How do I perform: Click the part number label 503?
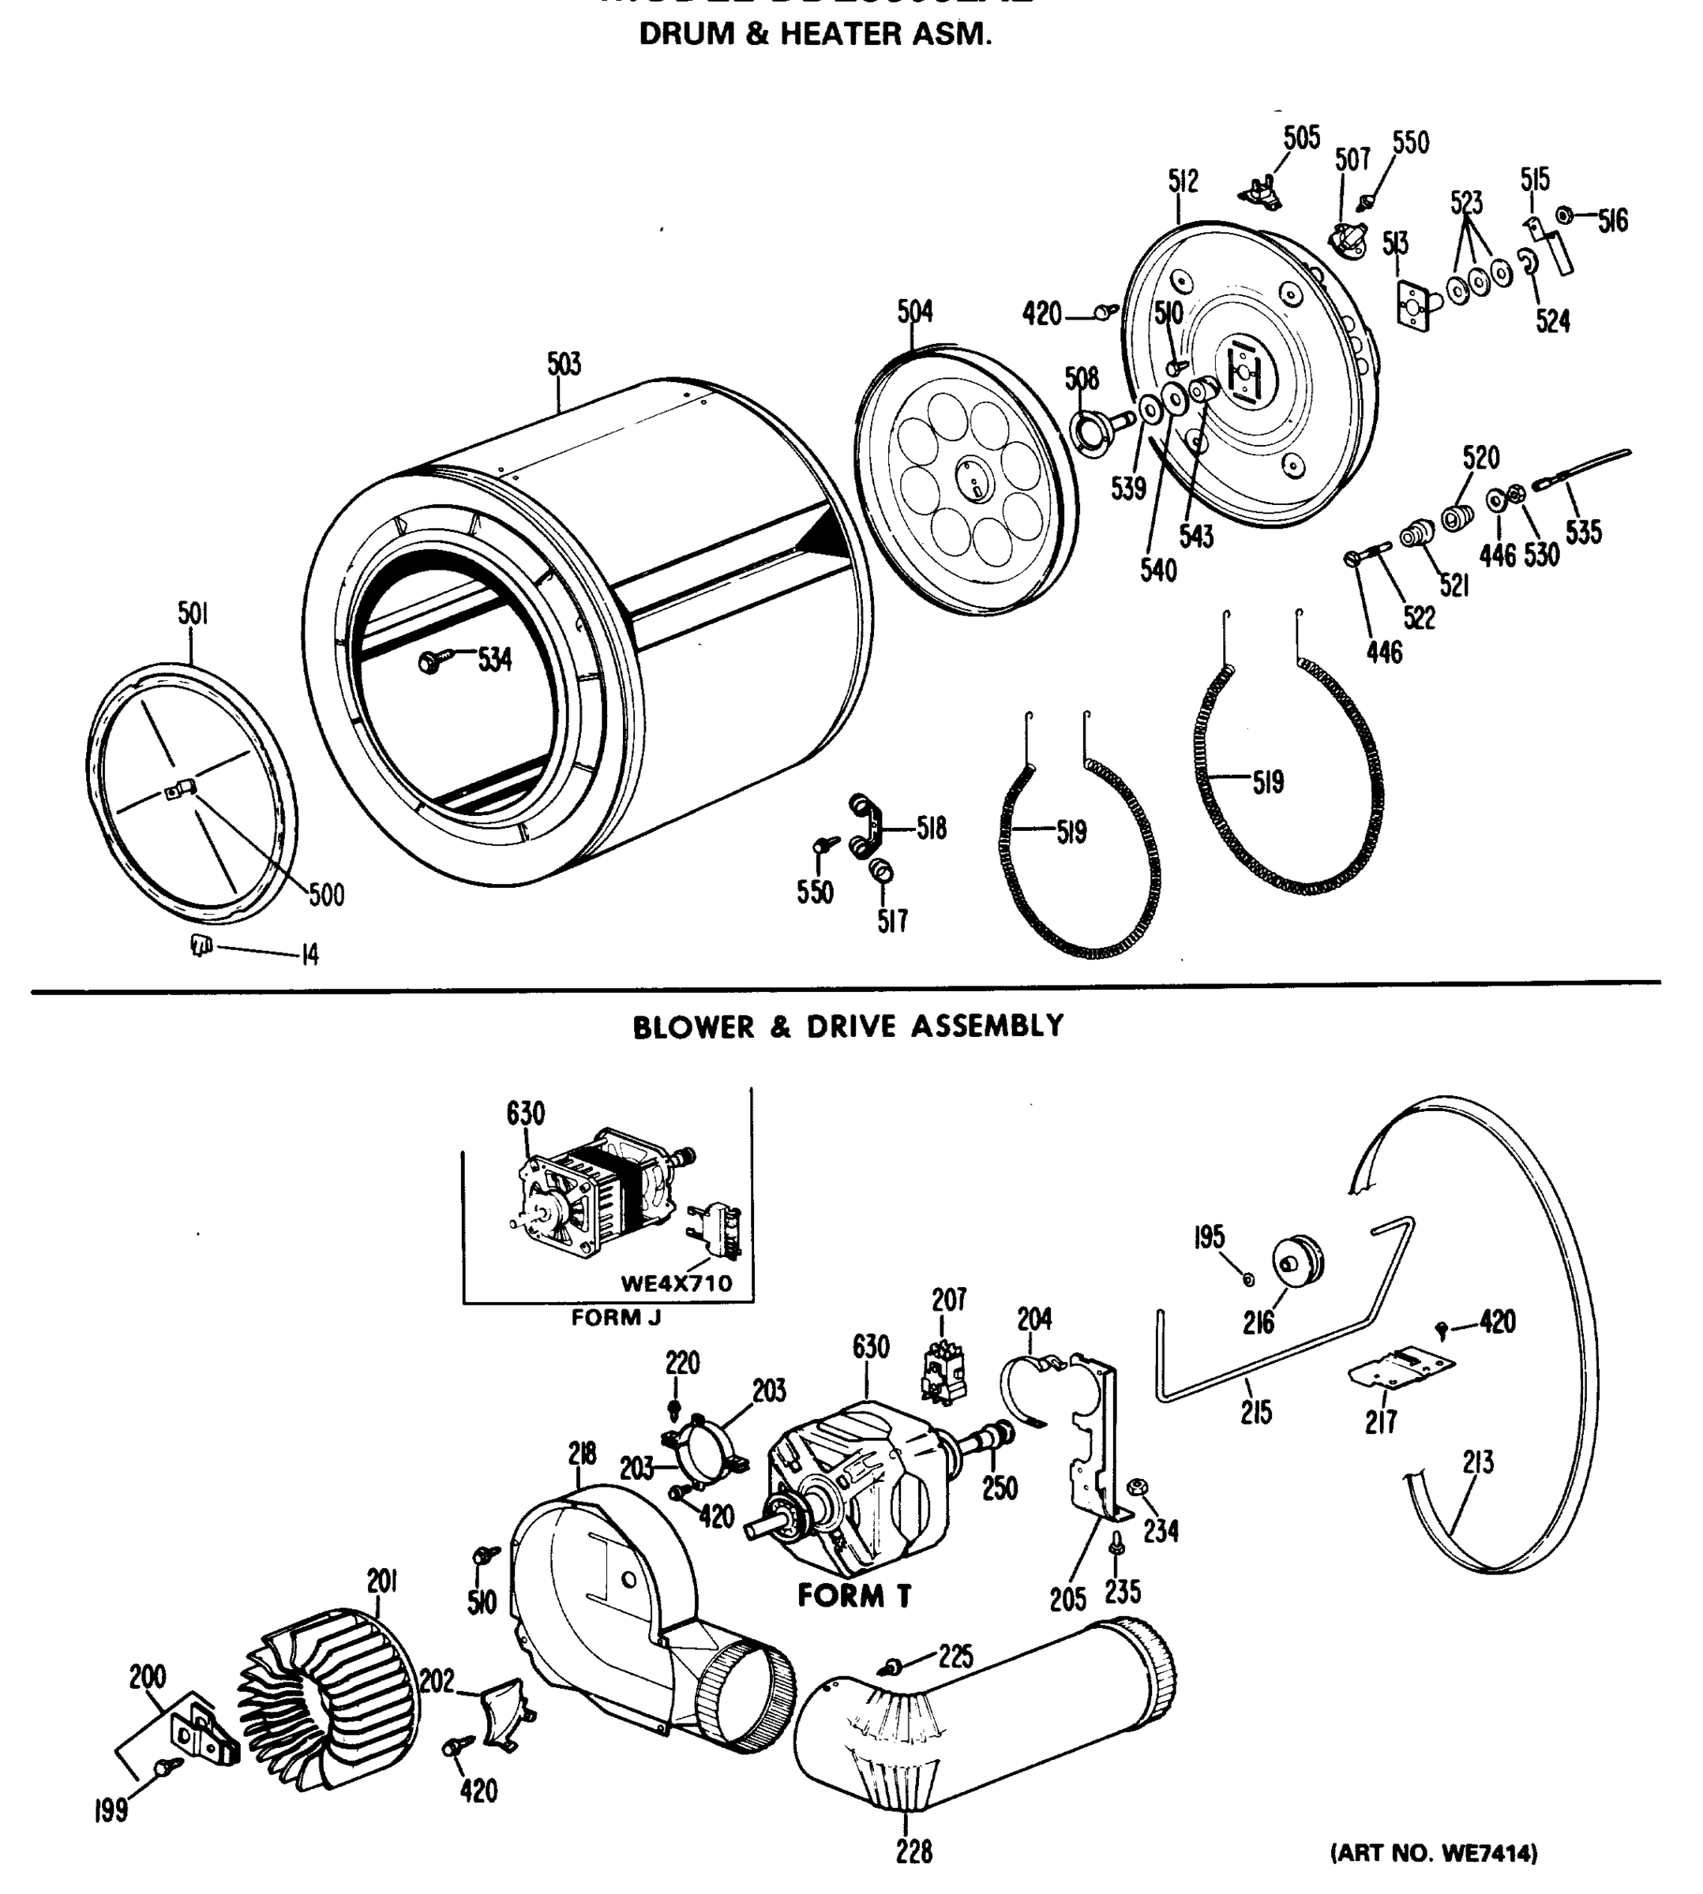(565, 364)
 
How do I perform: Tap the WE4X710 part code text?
(677, 1283)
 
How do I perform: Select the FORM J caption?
(616, 1318)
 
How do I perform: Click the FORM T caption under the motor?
(854, 1596)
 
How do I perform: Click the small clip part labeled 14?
(201, 945)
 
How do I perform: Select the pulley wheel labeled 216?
(1297, 1263)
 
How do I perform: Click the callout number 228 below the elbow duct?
(913, 1851)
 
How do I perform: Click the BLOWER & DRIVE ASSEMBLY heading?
(848, 1026)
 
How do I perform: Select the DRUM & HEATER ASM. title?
(814, 35)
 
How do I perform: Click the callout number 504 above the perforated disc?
(914, 312)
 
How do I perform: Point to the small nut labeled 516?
(1562, 216)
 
